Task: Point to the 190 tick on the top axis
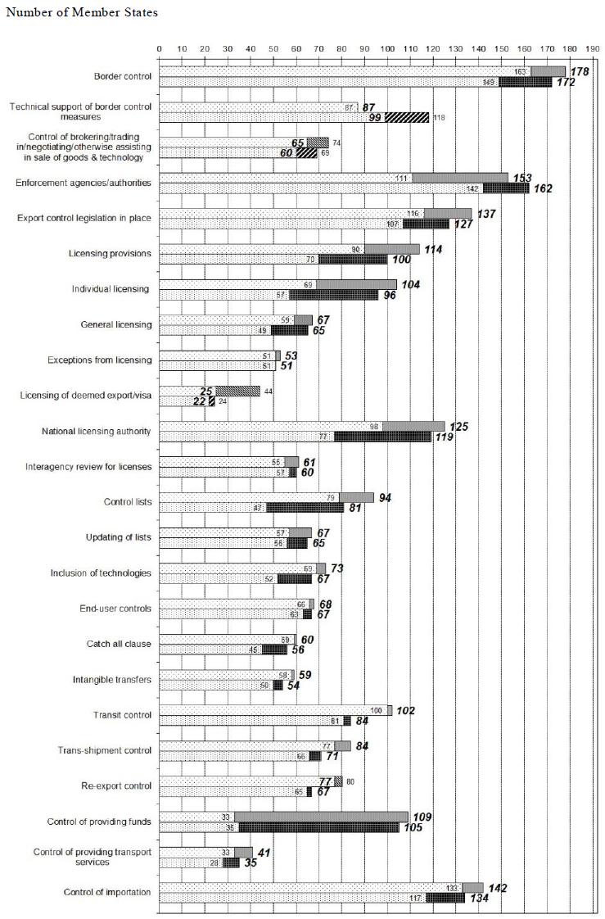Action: click(593, 48)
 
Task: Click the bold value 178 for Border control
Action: click(580, 72)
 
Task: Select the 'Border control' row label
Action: click(123, 77)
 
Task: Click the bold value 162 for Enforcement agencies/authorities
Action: click(542, 188)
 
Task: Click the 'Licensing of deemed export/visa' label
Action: click(86, 395)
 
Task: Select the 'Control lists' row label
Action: click(128, 501)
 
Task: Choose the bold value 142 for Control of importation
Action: click(496, 888)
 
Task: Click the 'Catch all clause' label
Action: click(119, 644)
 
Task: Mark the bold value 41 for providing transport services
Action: click(264, 853)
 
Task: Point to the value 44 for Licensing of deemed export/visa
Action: click(268, 392)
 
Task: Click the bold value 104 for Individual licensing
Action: click(409, 284)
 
